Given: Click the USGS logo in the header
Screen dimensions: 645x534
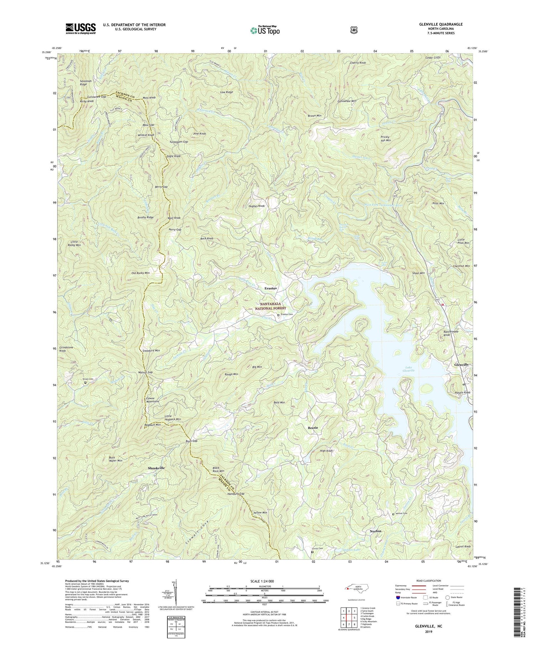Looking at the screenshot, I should tap(80, 28).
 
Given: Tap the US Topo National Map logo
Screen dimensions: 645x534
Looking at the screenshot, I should tap(265, 30).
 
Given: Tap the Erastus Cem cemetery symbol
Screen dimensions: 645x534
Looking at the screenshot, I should tap(278, 314).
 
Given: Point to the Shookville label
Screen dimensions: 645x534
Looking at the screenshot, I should tap(156, 468).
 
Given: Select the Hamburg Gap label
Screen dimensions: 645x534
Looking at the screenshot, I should tap(236, 494).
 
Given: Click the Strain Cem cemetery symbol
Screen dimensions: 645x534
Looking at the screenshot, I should tap(85, 383).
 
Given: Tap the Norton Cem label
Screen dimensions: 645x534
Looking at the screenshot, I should tap(402, 514).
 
